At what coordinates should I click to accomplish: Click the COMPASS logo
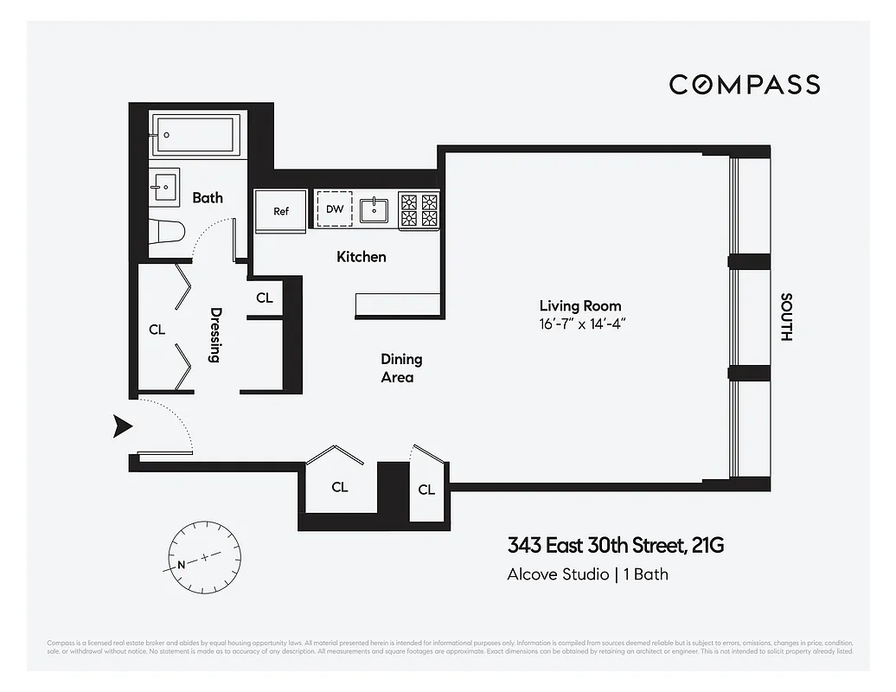[x=744, y=84]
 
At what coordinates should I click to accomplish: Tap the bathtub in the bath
[x=198, y=135]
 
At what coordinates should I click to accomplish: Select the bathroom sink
[x=163, y=184]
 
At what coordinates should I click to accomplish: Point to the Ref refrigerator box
[x=280, y=210]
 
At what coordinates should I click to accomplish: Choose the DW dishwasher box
[x=335, y=209]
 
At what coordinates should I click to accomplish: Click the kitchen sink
[x=374, y=208]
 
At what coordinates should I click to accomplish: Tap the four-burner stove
[x=419, y=210]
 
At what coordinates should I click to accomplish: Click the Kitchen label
[x=361, y=257]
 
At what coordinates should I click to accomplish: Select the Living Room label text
[x=579, y=305]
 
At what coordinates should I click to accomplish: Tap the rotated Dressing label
[x=216, y=335]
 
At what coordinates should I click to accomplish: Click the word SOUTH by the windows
[x=786, y=317]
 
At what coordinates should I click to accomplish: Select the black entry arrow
[x=122, y=426]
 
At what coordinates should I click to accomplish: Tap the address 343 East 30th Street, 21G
[x=615, y=546]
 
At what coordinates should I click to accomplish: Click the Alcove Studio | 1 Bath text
[x=586, y=573]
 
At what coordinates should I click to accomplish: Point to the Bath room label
[x=208, y=197]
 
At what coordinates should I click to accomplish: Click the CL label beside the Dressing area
[x=157, y=330]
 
